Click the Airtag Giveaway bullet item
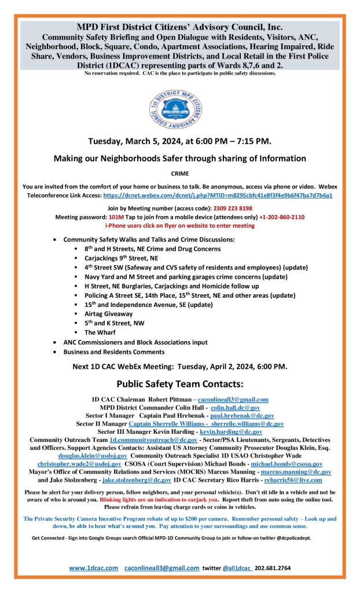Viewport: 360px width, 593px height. pos(109,313)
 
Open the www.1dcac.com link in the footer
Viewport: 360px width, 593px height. pos(94,569)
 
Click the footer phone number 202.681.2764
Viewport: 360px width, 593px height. pos(273,569)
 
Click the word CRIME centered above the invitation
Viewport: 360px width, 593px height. pos(179,173)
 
